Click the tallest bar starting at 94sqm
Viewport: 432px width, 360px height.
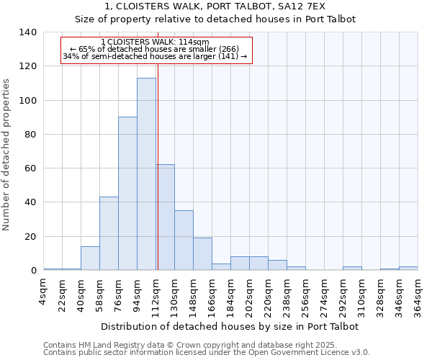tap(146, 174)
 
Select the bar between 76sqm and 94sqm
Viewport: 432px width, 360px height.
tap(127, 194)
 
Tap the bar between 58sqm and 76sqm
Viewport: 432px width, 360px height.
tap(109, 233)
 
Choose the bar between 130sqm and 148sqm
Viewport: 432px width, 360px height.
tap(184, 240)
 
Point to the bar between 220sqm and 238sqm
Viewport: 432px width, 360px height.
tap(277, 265)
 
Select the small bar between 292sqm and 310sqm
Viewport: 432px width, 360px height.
tap(352, 269)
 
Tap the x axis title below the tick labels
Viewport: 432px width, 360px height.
tap(230, 326)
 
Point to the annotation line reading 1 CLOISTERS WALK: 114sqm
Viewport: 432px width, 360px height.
tap(156, 42)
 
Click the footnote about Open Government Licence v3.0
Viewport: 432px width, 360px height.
tap(207, 353)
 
